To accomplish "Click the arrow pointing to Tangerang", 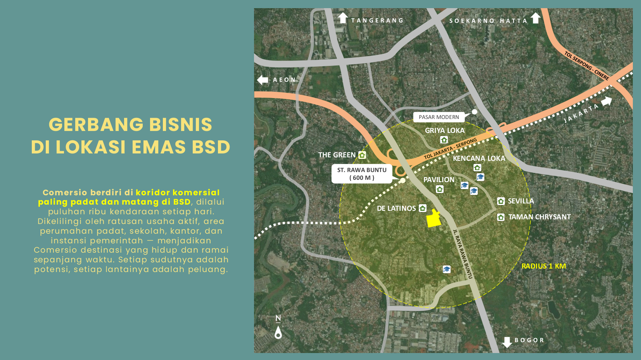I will pyautogui.click(x=342, y=18).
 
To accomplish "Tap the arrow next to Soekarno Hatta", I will pyautogui.click(x=536, y=18).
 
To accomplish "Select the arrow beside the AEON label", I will pyautogui.click(x=263, y=80).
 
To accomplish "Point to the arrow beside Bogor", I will pyautogui.click(x=507, y=342).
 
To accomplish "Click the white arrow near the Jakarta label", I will pyautogui.click(x=607, y=101).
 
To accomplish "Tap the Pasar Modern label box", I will pyautogui.click(x=439, y=117).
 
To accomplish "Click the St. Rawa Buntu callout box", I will pyautogui.click(x=362, y=174).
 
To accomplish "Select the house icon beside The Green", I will pyautogui.click(x=362, y=155).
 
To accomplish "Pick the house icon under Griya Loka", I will pyautogui.click(x=444, y=140).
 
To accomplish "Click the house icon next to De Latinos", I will pyautogui.click(x=423, y=208).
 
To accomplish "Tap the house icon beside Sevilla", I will pyautogui.click(x=501, y=201).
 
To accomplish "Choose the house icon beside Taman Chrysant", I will pyautogui.click(x=501, y=217).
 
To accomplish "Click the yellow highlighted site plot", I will pyautogui.click(x=434, y=219).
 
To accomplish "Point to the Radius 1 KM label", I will pyautogui.click(x=543, y=266).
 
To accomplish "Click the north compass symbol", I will pyautogui.click(x=278, y=327).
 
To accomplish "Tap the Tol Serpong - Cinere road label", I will pyautogui.click(x=586, y=65).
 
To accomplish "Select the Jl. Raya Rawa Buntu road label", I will pyautogui.click(x=463, y=254).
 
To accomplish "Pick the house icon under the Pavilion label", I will pyautogui.click(x=439, y=189).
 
